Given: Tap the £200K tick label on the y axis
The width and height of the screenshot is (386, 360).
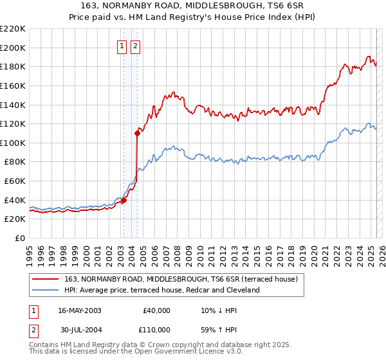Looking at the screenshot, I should [12, 48].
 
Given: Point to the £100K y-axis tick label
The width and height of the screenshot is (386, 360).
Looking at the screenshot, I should [12, 143].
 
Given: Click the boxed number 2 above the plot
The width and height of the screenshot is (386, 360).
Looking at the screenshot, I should [136, 46].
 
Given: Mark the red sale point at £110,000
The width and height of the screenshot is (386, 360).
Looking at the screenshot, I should [138, 134].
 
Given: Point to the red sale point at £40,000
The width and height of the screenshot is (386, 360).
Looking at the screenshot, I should [124, 200].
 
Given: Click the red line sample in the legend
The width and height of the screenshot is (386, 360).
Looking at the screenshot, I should [45, 280].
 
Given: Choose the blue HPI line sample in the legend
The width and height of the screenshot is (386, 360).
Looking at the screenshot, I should [45, 290].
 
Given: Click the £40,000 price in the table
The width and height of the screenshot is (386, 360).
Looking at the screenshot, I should [156, 310].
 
